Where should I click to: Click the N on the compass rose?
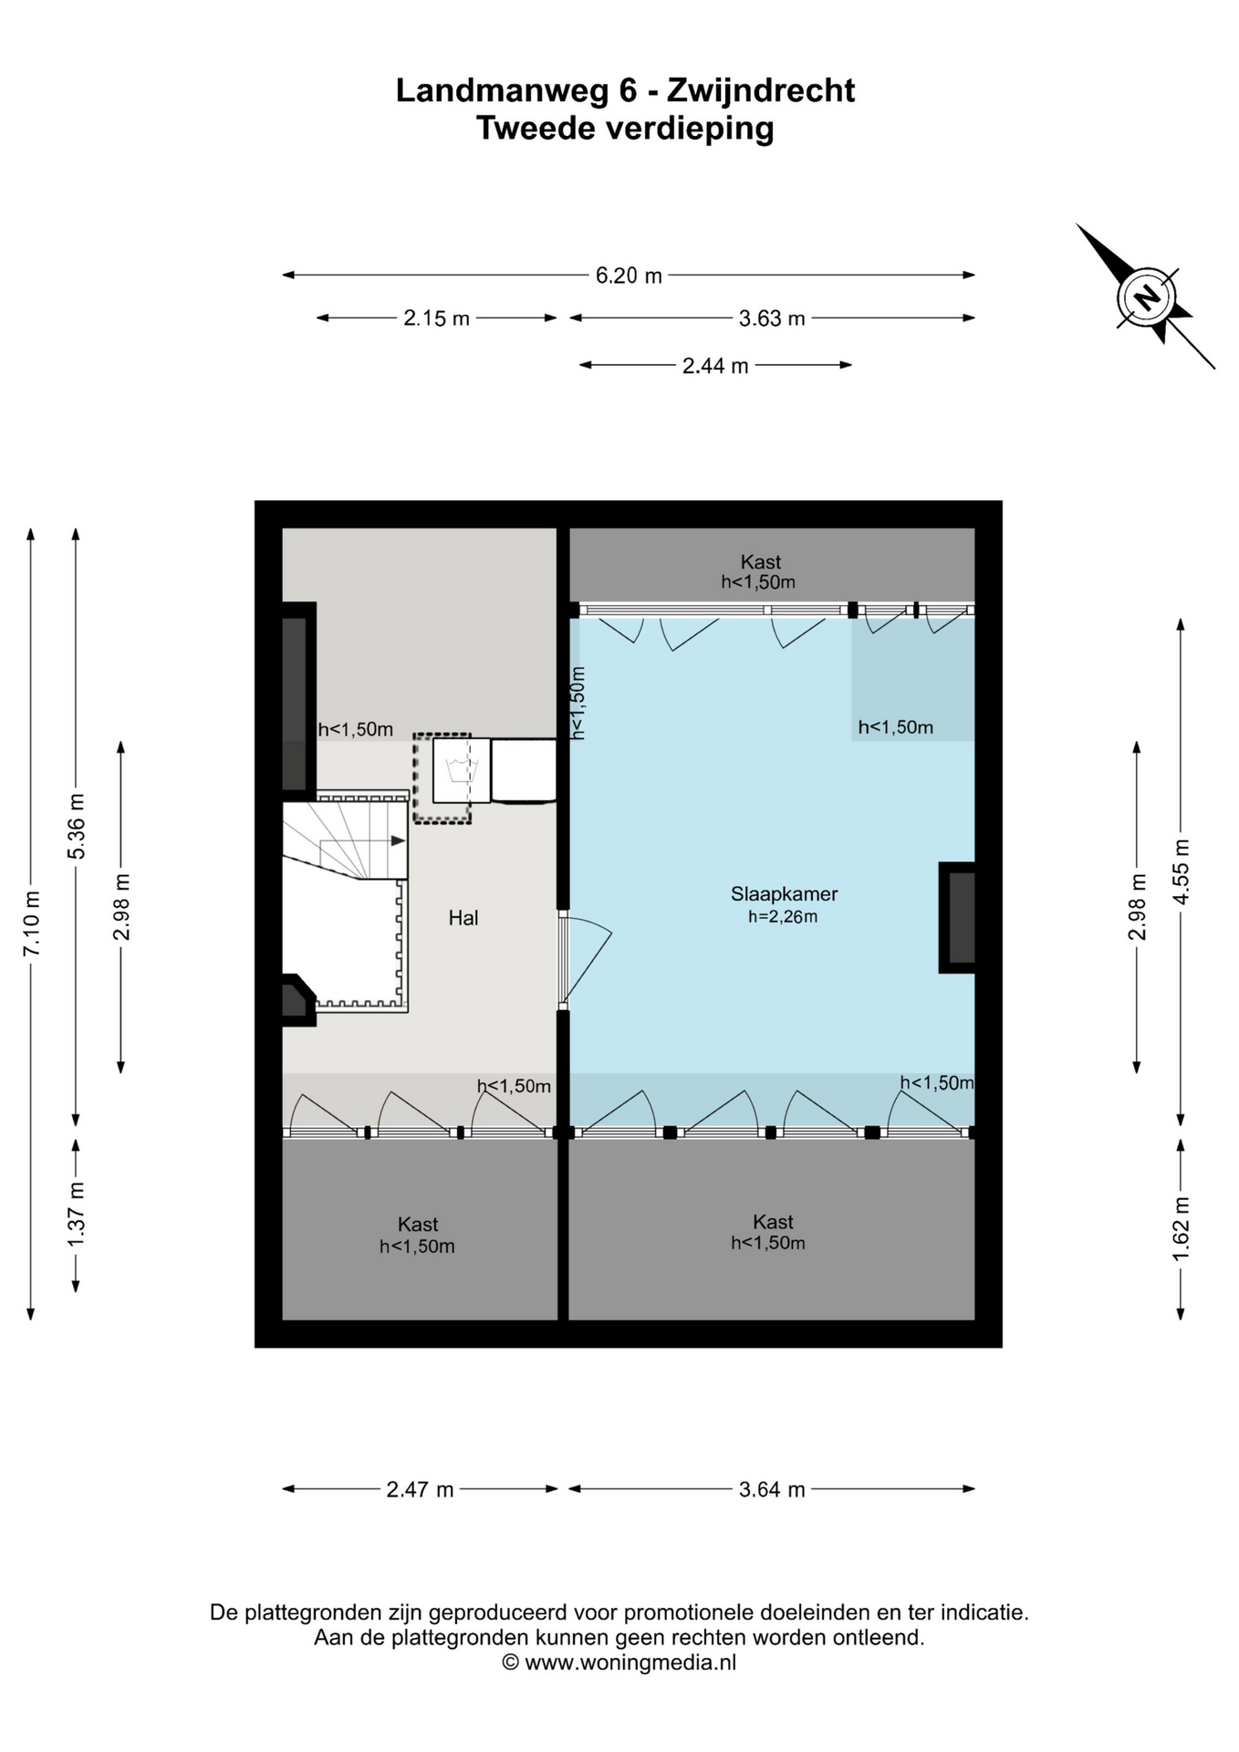1146,297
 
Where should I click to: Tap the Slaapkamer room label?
784,894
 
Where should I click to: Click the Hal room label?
463,918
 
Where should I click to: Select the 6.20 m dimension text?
629,276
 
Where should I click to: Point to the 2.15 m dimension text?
437,318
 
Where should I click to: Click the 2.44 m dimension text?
715,366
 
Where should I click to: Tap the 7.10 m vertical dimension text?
31,923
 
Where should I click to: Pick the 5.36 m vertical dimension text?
77,826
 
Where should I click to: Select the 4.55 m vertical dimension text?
1182,871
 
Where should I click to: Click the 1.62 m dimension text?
1182,1229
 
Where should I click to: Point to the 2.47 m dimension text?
420,1490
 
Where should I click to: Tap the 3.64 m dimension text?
772,1490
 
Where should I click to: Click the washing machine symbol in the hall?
462,769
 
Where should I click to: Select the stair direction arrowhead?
398,840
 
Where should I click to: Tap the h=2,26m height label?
783,917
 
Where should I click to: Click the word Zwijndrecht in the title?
761,90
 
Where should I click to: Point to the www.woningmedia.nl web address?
630,1662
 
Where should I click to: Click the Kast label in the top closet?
761,562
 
